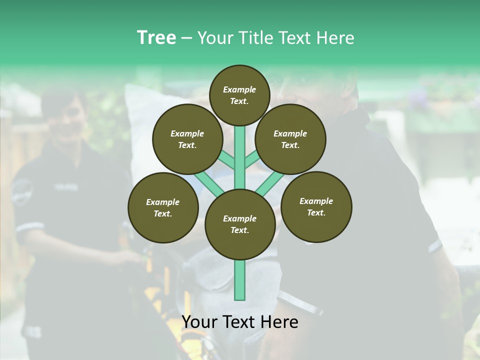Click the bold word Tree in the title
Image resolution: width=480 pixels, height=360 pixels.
pos(156,38)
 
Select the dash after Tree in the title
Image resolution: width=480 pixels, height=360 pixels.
pos(186,38)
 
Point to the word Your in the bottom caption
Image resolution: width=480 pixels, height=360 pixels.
pos(199,322)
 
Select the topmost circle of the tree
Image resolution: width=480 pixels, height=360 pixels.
pos(239,95)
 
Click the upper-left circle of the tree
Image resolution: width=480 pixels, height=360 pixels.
pos(187,139)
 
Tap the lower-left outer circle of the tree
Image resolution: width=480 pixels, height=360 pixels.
pos(163,207)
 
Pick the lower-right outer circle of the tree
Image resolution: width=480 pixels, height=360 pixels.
pos(316,206)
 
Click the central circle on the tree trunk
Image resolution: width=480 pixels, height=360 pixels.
pos(239,224)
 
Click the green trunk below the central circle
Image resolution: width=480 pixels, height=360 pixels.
pos(239,280)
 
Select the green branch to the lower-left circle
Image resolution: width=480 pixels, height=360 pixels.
pos(209,183)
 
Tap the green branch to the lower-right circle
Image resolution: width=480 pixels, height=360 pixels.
pos(270,183)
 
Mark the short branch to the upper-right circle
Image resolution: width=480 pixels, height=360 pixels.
pos(252,160)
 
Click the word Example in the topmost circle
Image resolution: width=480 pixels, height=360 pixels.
pos(239,89)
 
